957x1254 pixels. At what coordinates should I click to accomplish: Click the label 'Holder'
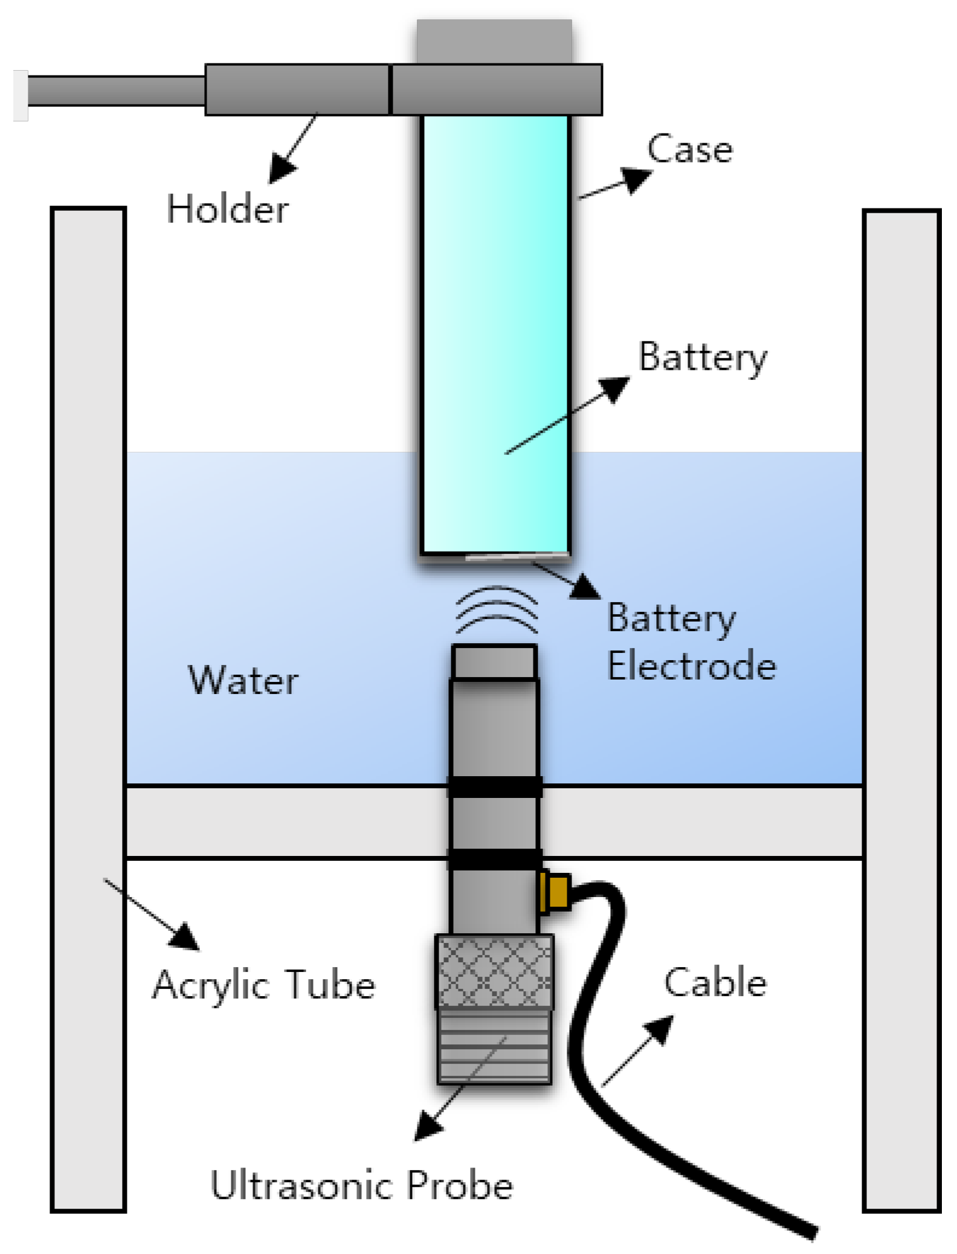click(228, 209)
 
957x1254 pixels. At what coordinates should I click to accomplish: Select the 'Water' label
click(243, 680)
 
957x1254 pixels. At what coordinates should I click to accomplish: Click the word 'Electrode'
click(691, 666)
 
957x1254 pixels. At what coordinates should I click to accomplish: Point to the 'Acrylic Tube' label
click(263, 985)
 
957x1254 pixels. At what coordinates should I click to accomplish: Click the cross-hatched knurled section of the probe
click(494, 971)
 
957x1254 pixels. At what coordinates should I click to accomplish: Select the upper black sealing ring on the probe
click(494, 786)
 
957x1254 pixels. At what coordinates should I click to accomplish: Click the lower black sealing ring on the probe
click(494, 859)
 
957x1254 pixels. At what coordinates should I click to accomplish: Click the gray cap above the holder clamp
click(494, 41)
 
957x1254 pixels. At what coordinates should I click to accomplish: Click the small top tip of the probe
click(494, 661)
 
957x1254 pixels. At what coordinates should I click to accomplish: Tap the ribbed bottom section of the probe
click(494, 1046)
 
